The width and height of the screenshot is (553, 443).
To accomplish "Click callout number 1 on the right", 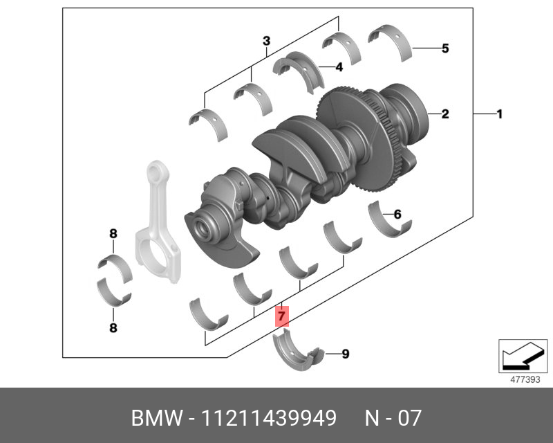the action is tap(499, 114).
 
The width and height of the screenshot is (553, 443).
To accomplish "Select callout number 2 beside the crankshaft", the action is tap(445, 114).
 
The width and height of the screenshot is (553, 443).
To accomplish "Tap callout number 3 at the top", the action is tap(266, 42).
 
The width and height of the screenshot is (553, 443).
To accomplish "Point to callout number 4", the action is tap(339, 67).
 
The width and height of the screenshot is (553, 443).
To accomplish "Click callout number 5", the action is tap(445, 48).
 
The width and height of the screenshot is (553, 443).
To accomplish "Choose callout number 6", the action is tap(397, 214).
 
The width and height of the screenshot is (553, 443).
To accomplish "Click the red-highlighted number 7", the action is tap(281, 316).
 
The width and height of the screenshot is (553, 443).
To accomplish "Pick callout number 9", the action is tap(345, 354).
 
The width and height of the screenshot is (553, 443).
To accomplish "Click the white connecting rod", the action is tap(155, 221).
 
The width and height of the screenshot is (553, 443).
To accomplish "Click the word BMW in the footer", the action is tap(153, 419).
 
